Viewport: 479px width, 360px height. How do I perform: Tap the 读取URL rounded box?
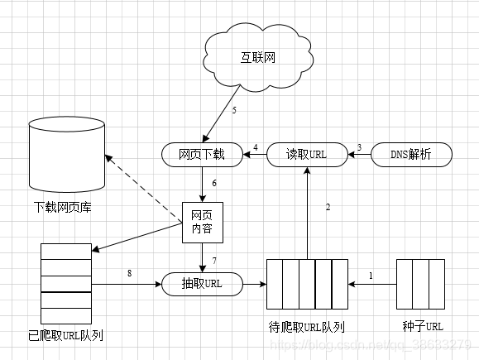[x=307, y=154]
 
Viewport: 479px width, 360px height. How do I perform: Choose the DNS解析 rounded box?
[x=410, y=154]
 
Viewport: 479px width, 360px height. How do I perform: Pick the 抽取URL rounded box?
[x=203, y=284]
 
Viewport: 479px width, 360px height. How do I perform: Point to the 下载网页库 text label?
[x=63, y=207]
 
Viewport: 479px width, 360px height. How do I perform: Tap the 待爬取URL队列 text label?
[x=307, y=325]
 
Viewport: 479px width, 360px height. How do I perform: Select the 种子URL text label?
[x=422, y=325]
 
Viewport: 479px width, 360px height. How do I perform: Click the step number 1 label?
[x=371, y=275]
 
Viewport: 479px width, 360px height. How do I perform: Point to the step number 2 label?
[x=328, y=207]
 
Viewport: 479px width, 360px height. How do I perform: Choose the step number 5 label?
[x=234, y=110]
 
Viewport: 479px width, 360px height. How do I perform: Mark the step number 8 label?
[x=129, y=274]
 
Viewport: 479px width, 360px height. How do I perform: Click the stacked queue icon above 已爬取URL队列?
[x=65, y=284]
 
